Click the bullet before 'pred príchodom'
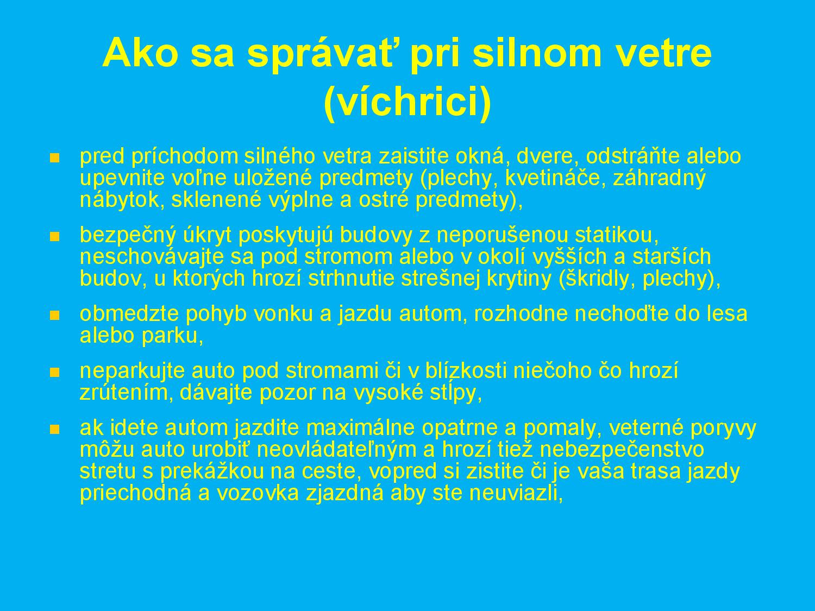tap(54, 158)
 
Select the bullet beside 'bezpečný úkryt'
tap(54, 237)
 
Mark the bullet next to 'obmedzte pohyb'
tap(54, 316)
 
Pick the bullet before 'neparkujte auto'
tap(54, 373)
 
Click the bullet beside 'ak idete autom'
tap(54, 430)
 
